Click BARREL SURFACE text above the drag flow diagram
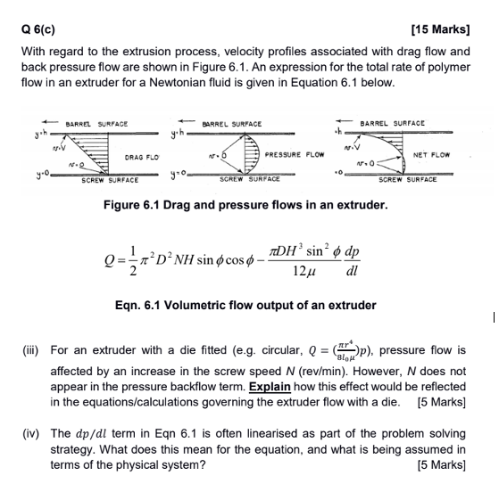[96, 123]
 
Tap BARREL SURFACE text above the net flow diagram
[392, 123]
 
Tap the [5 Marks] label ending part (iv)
[442, 464]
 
